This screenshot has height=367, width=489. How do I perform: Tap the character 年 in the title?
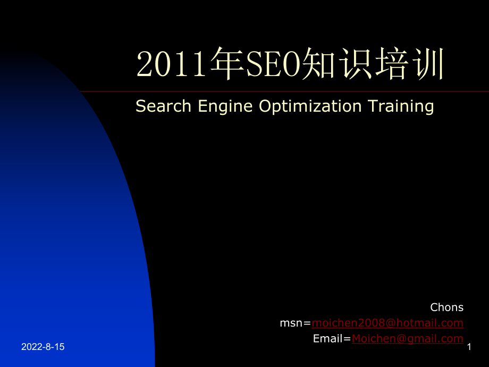point(227,63)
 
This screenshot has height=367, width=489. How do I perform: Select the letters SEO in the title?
point(273,64)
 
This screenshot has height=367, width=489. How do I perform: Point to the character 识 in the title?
point(355,63)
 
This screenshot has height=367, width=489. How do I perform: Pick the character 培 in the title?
point(391,63)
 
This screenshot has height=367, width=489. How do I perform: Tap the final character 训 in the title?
point(427,63)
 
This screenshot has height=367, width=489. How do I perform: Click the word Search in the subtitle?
point(163,106)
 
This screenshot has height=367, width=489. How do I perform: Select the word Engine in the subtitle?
point(225,107)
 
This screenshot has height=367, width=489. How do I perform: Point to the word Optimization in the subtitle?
point(310,107)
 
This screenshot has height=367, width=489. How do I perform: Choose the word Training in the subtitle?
point(401,107)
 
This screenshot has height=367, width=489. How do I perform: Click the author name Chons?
point(447,307)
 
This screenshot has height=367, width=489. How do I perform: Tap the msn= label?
point(296,323)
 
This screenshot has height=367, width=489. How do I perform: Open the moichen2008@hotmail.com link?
point(387,323)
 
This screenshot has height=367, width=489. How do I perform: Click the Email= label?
point(332,339)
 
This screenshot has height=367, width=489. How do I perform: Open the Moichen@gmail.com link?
point(408,339)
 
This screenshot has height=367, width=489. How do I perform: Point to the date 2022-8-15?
point(43,347)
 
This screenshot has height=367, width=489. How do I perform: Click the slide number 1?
point(469,347)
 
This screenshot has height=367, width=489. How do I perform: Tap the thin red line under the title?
point(284,91)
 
